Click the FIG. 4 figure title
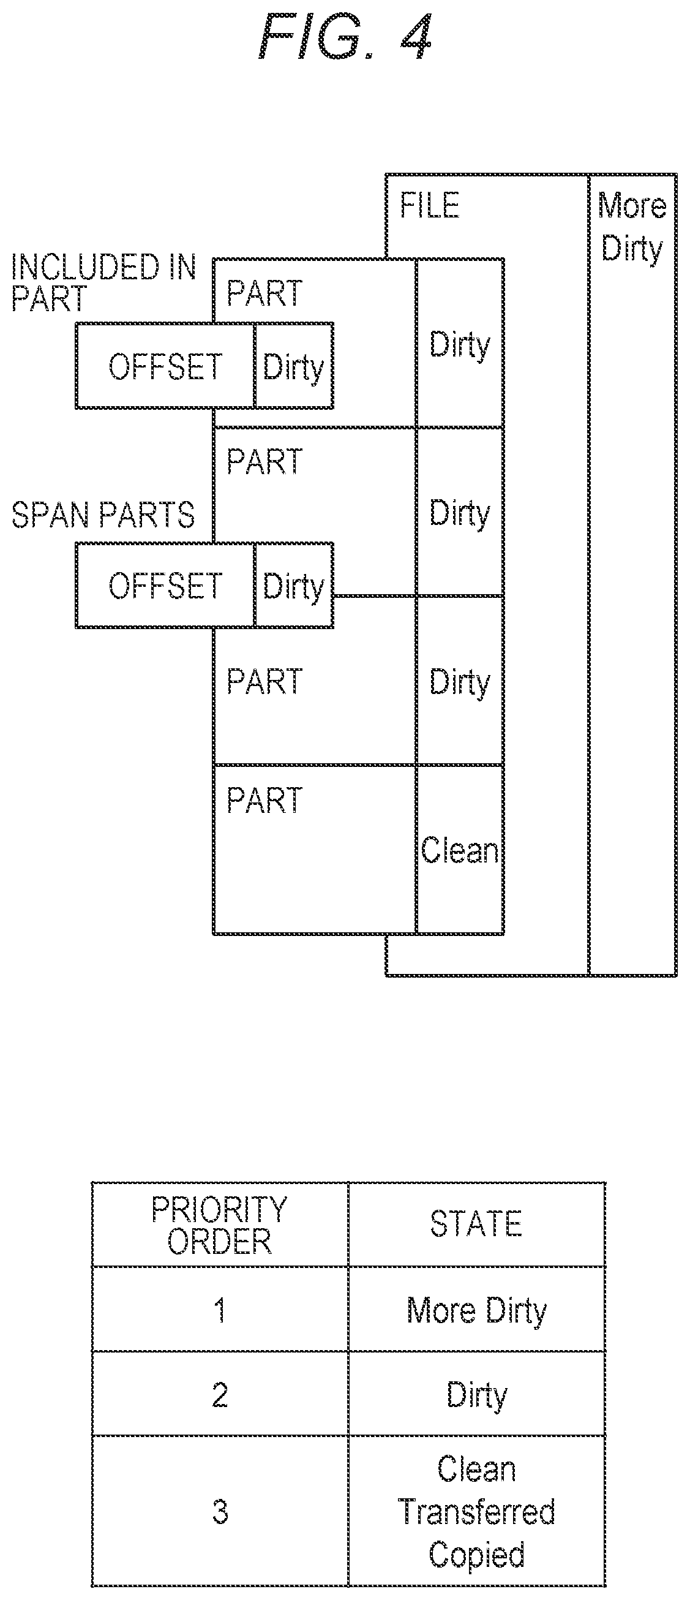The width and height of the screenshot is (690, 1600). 345,37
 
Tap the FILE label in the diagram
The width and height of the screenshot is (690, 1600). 429,206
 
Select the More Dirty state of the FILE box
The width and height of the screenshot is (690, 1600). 632,227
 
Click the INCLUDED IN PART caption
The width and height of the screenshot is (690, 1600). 103,282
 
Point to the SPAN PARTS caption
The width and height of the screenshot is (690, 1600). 103,515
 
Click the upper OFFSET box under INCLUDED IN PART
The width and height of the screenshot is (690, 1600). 165,366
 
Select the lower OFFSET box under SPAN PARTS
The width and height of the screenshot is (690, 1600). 165,586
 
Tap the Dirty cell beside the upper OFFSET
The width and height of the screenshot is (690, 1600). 294,366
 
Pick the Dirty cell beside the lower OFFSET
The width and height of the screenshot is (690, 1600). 294,586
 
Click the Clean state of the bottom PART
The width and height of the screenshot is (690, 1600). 460,850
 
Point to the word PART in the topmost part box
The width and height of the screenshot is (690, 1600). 264,293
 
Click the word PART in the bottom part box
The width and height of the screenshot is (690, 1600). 264,800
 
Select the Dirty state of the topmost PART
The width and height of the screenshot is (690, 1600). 460,345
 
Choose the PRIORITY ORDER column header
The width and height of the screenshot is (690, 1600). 220,1225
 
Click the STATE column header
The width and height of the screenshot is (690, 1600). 476,1225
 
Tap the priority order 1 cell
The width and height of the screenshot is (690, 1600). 220,1310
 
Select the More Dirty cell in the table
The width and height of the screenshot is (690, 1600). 476,1310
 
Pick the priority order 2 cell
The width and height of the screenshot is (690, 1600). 220,1395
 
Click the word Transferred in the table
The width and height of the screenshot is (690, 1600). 476,1511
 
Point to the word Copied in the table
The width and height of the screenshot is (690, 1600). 476,1555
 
